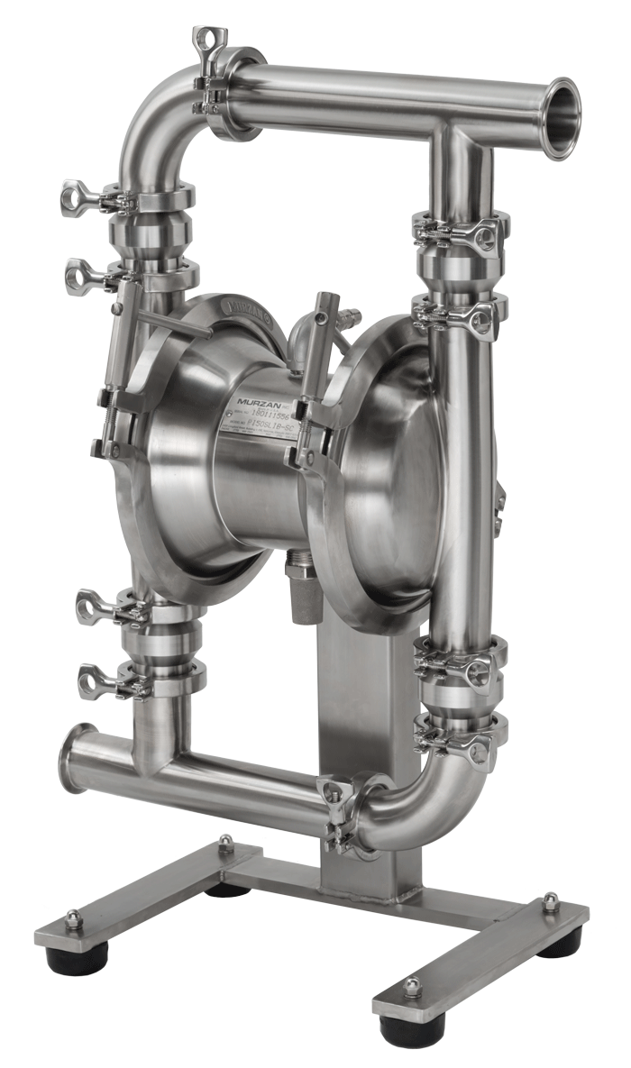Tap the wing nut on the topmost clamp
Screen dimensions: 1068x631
pos(206,40)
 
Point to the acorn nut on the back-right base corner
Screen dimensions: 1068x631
pos(550,901)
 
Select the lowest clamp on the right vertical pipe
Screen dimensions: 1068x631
pos(460,735)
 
